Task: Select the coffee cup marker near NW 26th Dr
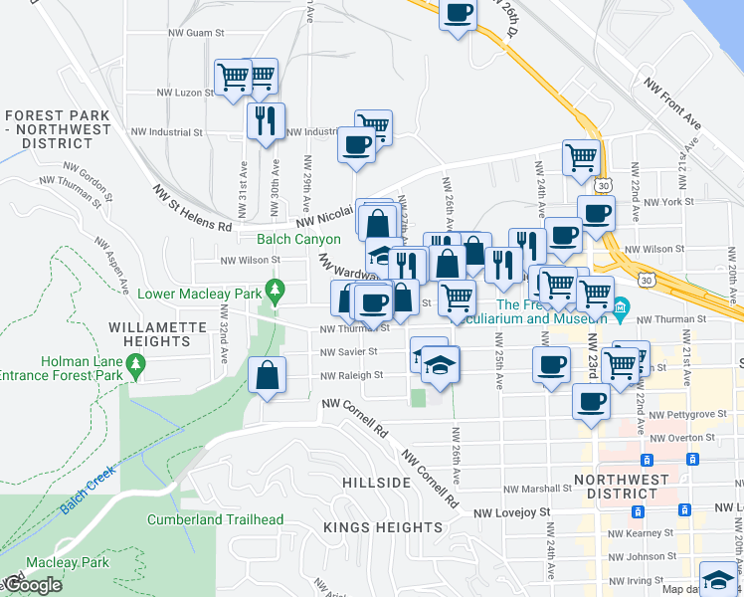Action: (x=458, y=14)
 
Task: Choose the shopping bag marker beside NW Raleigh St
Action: (x=268, y=376)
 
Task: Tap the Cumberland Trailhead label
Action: (x=215, y=519)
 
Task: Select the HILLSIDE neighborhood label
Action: (x=376, y=482)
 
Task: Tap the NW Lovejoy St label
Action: (x=511, y=512)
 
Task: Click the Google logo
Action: (x=32, y=586)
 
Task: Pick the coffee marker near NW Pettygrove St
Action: (x=591, y=402)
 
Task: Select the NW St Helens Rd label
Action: (x=192, y=207)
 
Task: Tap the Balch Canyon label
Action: (x=298, y=239)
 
